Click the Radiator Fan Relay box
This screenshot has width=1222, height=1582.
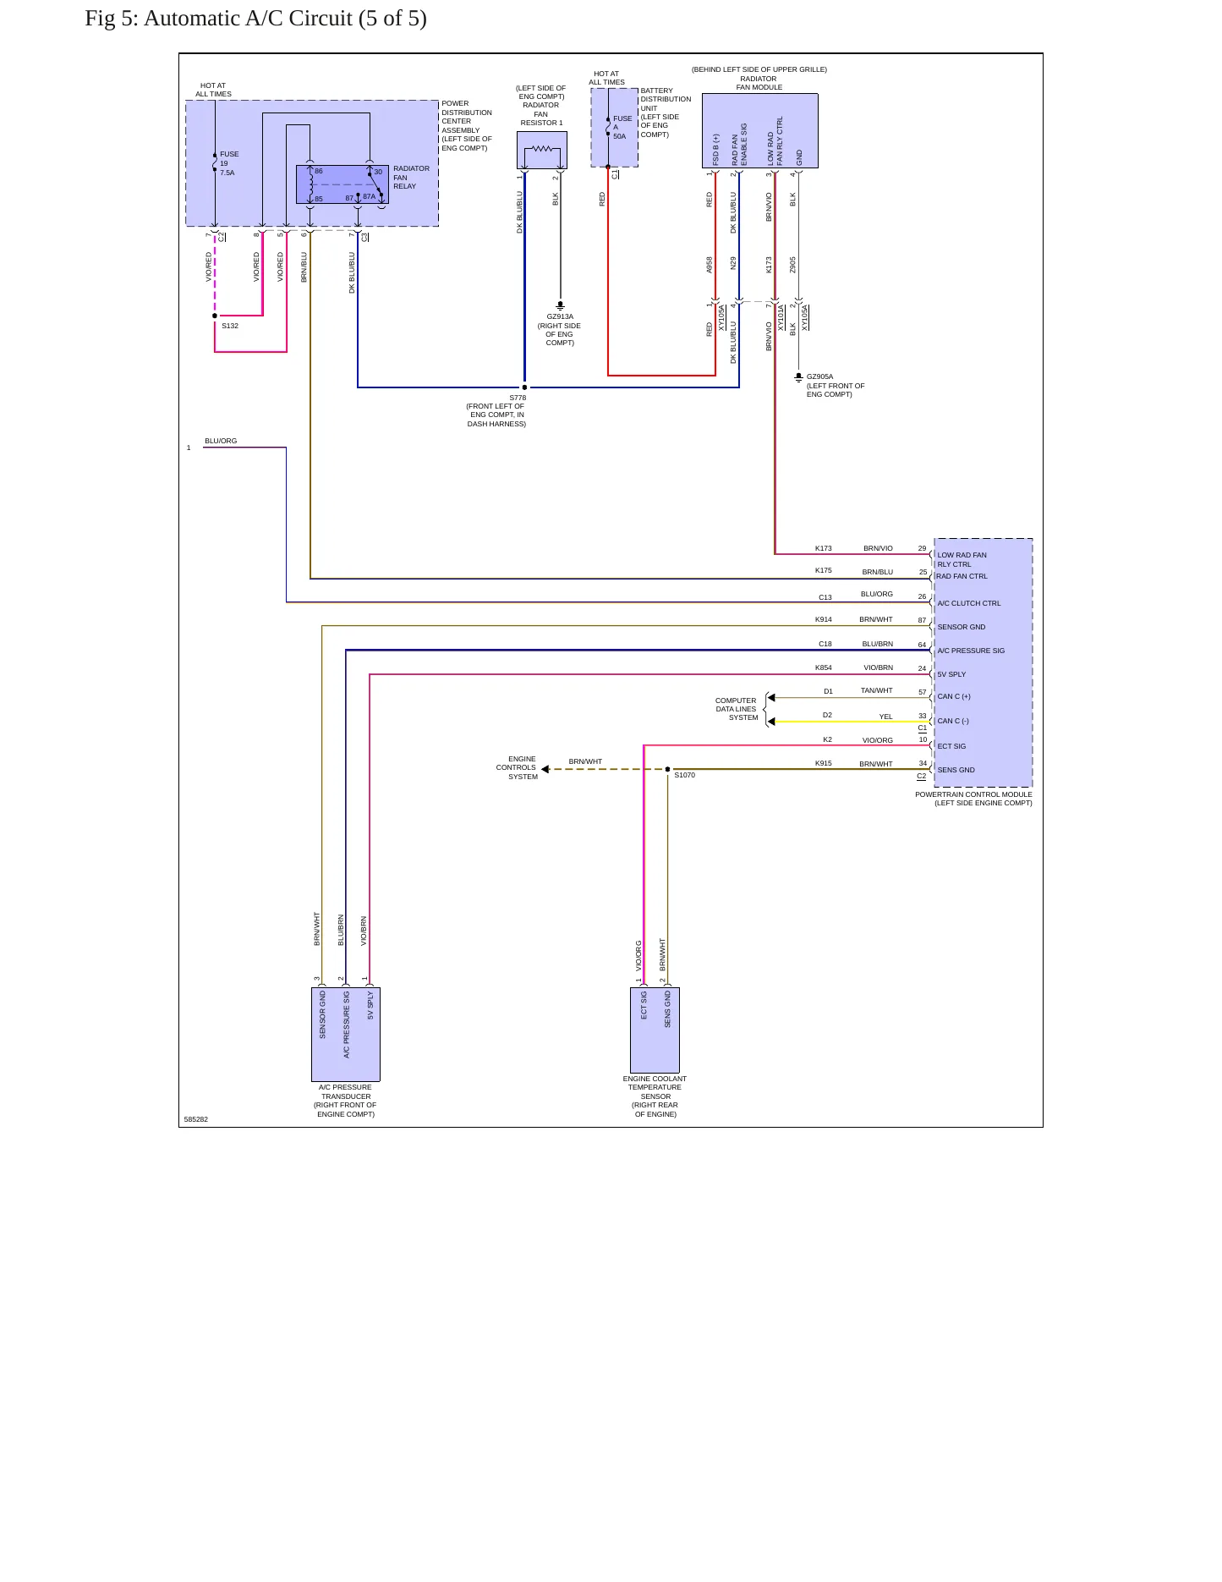coord(342,184)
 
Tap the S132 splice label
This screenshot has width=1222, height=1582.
coord(230,326)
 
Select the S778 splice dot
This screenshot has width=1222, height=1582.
coord(524,387)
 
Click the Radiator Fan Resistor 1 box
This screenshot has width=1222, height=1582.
coord(542,150)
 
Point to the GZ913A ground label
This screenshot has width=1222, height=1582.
coord(560,316)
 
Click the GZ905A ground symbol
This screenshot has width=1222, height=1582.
coord(798,377)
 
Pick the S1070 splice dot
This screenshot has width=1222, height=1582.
coord(667,769)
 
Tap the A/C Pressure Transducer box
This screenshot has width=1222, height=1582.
coord(346,1034)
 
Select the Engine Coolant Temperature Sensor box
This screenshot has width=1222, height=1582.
coord(655,1030)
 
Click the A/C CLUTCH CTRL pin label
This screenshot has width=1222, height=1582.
coord(969,603)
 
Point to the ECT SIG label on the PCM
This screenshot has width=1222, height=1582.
coord(951,746)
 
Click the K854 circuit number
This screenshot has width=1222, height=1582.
coord(824,667)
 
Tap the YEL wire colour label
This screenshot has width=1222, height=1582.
coord(885,717)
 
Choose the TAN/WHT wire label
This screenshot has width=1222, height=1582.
coord(877,690)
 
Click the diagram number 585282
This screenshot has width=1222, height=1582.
coord(196,1119)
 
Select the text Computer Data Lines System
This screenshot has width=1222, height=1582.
coord(737,709)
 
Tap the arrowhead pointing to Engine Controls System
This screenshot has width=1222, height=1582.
coord(545,769)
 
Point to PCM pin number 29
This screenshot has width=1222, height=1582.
coord(923,548)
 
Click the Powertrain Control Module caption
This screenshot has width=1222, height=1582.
coord(974,799)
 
